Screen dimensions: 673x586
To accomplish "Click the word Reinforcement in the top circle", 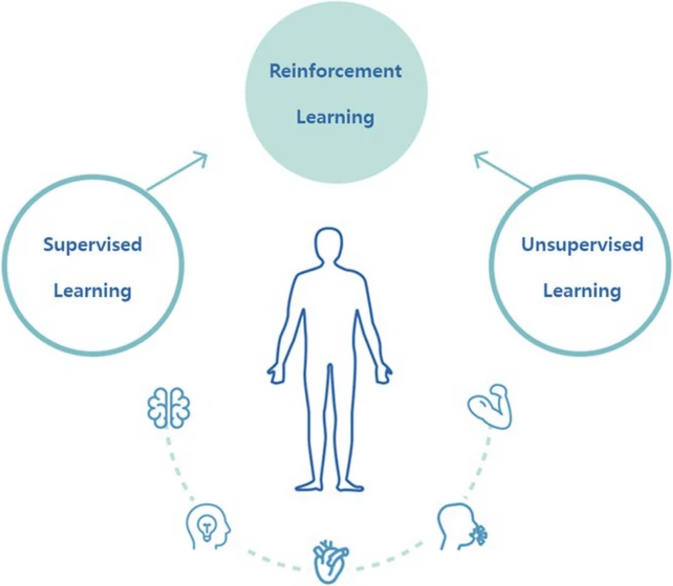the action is [x=336, y=71].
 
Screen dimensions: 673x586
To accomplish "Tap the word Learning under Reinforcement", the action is [x=336, y=117].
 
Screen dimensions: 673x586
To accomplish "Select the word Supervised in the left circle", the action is [x=92, y=245].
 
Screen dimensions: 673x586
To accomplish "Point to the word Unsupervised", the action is [x=583, y=245].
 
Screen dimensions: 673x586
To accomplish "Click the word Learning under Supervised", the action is [x=92, y=291].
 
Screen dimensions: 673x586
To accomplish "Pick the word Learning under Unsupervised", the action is [x=583, y=291].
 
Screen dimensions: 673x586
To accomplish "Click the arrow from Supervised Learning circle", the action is [x=177, y=171].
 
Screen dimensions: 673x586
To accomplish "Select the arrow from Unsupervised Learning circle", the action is [x=503, y=170].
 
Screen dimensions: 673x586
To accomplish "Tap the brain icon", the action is [x=169, y=408].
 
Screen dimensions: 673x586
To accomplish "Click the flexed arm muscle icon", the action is [x=489, y=406].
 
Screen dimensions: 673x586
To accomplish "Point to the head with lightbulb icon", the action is [x=208, y=526].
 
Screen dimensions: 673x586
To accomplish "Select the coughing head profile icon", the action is [x=462, y=526].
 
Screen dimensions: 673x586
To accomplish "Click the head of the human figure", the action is [x=328, y=244].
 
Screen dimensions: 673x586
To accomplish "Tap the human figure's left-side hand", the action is [x=275, y=374].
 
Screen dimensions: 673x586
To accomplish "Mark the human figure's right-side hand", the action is [x=384, y=374].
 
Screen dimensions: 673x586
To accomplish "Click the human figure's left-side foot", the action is [x=308, y=486].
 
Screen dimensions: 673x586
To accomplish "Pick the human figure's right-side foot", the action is [x=350, y=486].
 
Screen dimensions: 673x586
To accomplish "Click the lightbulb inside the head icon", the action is [x=206, y=527].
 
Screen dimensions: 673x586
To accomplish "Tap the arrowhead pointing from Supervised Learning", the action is [x=201, y=156].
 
